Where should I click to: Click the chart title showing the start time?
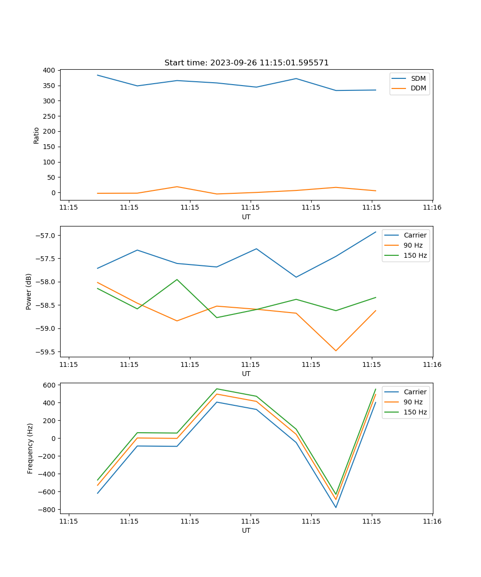pyautogui.click(x=246, y=63)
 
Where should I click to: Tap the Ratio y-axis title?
pyautogui.click(x=37, y=135)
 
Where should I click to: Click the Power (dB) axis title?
pyautogui.click(x=29, y=291)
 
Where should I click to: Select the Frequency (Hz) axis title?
pyautogui.click(x=30, y=448)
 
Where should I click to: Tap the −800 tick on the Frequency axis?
pyautogui.click(x=48, y=510)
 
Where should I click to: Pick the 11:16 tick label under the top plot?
pyautogui.click(x=432, y=208)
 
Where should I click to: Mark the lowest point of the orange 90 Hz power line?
pyautogui.click(x=336, y=351)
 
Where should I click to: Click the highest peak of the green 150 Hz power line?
pyautogui.click(x=177, y=279)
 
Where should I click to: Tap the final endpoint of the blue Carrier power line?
pyautogui.click(x=376, y=232)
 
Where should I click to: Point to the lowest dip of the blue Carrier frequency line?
pyautogui.click(x=336, y=507)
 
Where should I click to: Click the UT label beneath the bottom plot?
pyautogui.click(x=246, y=530)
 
